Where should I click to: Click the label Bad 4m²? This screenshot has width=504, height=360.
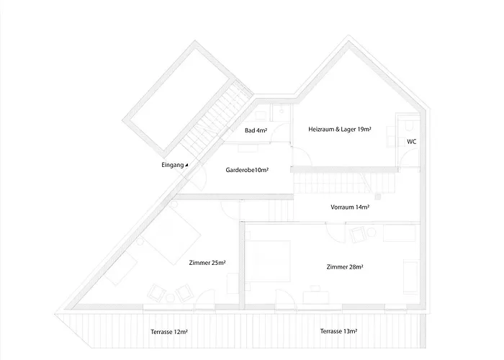point(256,130)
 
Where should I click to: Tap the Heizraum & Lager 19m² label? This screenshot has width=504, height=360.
point(339,130)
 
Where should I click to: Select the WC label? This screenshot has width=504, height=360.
point(411,142)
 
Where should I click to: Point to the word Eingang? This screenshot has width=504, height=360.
point(172,165)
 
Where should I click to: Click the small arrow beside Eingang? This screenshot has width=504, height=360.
point(186,165)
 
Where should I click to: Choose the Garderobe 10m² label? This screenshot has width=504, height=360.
point(247,171)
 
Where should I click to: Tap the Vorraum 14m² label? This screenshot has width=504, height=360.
point(350,207)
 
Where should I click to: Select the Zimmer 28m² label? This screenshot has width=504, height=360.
point(344,266)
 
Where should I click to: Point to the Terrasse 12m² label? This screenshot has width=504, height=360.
point(169,332)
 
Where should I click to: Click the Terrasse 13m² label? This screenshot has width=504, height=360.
point(338,331)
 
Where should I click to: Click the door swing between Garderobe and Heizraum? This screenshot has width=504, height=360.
point(299,154)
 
